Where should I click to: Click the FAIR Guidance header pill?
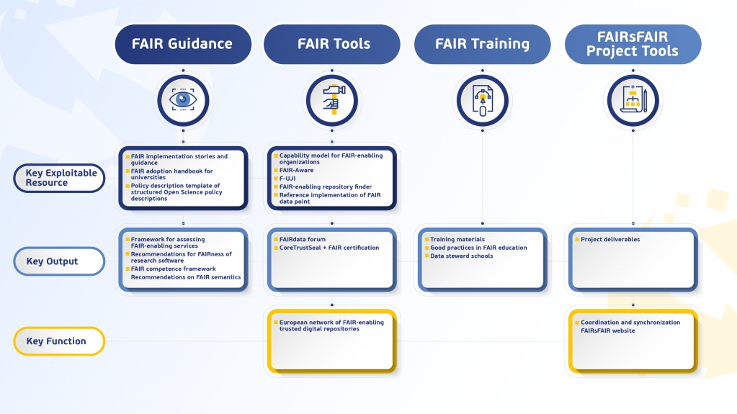182,44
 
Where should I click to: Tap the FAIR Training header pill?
482,44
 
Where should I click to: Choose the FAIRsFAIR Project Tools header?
633,44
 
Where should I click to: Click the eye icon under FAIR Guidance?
183,101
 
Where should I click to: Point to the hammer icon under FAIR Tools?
331,101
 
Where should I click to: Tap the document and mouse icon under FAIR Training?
482,101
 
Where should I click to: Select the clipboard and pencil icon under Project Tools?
633,101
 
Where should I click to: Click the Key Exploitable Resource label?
59,178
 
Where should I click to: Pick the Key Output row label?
59,261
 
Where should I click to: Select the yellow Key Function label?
59,341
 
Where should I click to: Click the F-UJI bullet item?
289,179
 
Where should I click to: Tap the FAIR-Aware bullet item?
296,171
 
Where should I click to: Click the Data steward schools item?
461,256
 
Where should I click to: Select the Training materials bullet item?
457,240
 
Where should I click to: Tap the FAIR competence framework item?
173,269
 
